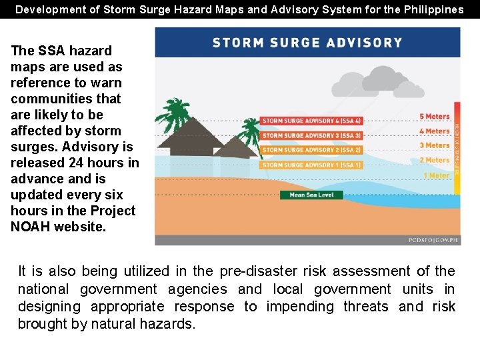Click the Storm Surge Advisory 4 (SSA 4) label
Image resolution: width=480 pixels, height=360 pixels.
(311, 121)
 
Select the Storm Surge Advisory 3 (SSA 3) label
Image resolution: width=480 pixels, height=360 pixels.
(311, 135)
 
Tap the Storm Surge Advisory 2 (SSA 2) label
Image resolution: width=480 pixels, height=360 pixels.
(311, 150)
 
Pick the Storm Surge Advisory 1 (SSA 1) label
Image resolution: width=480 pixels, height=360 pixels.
(311, 165)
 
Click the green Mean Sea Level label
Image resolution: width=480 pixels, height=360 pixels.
(311, 195)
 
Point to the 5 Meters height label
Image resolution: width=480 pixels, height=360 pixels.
(435, 117)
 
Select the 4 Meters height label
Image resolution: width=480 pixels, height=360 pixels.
(435, 131)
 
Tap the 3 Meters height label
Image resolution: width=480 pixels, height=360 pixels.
(435, 145)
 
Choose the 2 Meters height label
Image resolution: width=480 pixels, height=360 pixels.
(435, 160)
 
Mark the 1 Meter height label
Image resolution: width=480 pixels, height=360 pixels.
(437, 175)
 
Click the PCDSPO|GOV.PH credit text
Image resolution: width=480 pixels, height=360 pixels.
(433, 239)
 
